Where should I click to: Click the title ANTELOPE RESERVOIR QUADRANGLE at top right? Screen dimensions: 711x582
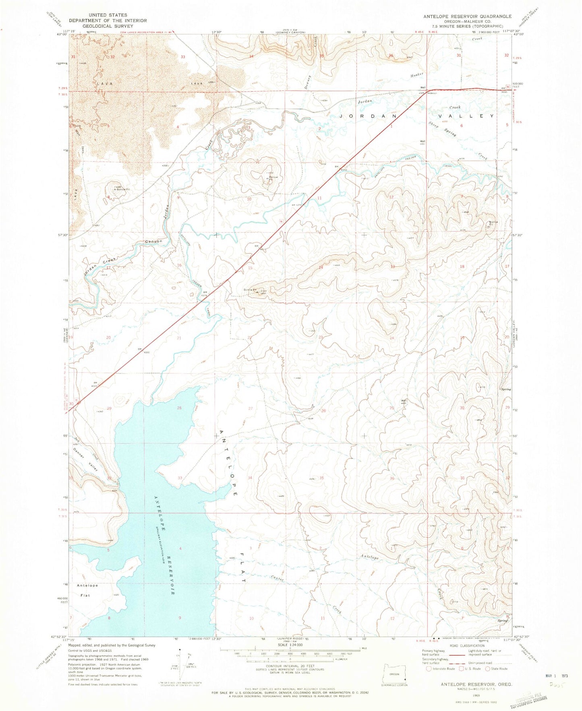pos(467,16)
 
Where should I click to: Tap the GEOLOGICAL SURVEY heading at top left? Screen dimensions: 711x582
pos(107,26)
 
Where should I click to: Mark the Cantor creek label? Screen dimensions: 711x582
pos(278,577)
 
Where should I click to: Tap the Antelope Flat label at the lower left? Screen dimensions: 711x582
pos(88,590)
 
